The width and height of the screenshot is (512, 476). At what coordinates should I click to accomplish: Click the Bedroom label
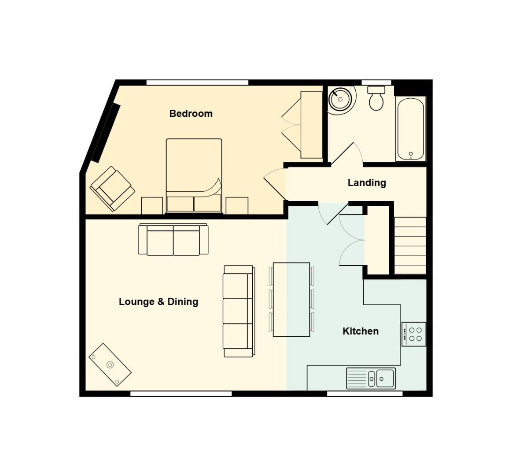coord(191,113)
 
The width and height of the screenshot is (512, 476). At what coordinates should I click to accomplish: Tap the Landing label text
coord(367,182)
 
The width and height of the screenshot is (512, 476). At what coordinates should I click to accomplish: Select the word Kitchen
coord(361,331)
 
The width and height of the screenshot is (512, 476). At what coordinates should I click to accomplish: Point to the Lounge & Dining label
coord(158,301)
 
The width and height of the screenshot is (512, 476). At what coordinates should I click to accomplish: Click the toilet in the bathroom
coord(376,98)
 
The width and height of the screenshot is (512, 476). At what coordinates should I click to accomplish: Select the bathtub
coord(410,129)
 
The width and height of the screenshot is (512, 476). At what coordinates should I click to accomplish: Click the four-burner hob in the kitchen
coord(414,334)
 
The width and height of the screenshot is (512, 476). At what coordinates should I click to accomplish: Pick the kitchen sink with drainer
coord(371,379)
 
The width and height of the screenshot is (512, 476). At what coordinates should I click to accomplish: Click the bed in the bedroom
coord(194,176)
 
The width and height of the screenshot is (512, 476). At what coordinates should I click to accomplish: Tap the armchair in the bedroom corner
coord(112,189)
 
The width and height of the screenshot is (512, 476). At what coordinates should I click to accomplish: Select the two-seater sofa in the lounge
coord(173,239)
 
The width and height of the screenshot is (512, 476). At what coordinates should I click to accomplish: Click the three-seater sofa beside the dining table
coord(239,311)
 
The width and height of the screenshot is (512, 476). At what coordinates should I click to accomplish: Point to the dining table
coord(291,299)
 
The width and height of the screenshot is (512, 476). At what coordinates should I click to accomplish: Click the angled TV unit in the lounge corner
coord(110,364)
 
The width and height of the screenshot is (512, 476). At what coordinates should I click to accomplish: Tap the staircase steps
coord(410,245)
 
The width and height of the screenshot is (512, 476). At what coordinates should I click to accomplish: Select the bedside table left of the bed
coord(152,206)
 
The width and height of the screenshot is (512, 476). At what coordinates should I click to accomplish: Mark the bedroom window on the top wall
coord(197,82)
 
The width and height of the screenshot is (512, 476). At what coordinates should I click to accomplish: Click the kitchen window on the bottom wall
coord(365,394)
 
